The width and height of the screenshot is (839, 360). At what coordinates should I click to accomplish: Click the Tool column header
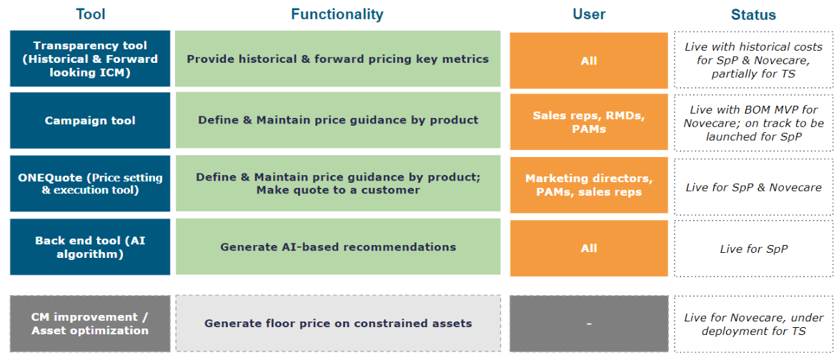click(x=91, y=14)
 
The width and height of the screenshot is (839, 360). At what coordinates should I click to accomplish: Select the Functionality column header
click(x=337, y=14)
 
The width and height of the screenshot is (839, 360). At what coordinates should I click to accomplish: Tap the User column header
click(x=589, y=14)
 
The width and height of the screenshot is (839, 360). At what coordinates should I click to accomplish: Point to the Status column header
click(x=753, y=15)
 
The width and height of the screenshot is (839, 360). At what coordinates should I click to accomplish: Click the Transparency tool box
click(x=91, y=59)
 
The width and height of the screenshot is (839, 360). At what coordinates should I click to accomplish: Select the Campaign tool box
click(x=91, y=120)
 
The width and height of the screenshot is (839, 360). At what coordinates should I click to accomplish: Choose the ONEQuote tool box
click(x=91, y=184)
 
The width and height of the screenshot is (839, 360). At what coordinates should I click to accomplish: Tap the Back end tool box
click(x=91, y=246)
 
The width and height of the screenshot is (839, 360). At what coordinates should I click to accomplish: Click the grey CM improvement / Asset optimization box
click(x=91, y=324)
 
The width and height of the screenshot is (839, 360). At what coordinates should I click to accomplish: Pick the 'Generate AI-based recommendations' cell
click(x=338, y=246)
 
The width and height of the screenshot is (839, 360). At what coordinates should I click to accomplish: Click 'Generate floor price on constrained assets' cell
click(x=338, y=324)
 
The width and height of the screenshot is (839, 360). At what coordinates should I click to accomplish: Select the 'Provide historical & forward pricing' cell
click(x=338, y=59)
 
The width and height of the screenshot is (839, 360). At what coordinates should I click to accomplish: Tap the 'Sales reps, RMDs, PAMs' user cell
click(x=589, y=121)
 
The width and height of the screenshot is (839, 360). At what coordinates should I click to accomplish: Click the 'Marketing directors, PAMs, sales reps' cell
click(x=589, y=185)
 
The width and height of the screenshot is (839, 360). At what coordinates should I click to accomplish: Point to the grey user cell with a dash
click(x=589, y=324)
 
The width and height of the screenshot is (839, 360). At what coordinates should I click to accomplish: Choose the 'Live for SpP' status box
click(x=753, y=248)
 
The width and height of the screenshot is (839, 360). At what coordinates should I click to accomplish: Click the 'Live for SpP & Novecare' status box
click(x=753, y=187)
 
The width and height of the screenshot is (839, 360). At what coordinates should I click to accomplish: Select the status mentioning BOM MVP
click(x=753, y=123)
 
